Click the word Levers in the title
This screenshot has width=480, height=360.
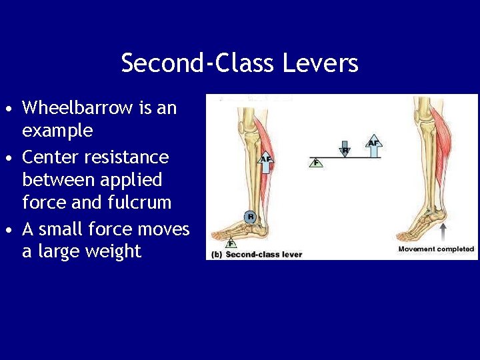[x=321, y=63]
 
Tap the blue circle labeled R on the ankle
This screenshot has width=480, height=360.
[x=250, y=217]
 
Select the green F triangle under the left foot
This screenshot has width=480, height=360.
[x=231, y=243]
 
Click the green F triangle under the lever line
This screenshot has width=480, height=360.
[x=316, y=163]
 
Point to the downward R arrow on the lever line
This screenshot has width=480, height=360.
[x=345, y=148]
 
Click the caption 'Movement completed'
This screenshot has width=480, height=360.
[x=436, y=249]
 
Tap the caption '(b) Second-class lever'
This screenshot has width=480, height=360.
[x=257, y=255]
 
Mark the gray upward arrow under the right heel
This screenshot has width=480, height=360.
[x=443, y=233]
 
